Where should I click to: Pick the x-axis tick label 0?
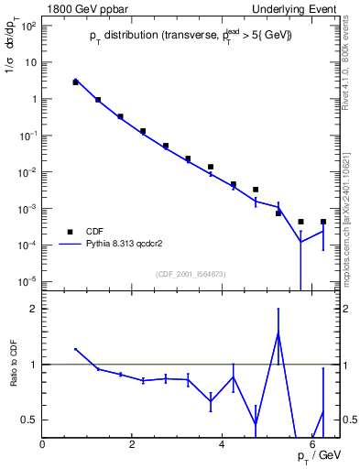tap(43, 444)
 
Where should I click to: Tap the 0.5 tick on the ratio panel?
tap(27, 420)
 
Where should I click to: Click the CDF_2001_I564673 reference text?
tap(191, 273)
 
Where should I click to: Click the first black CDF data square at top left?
tap(76, 82)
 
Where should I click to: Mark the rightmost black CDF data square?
tap(323, 222)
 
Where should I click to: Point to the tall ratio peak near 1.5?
tap(278, 333)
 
